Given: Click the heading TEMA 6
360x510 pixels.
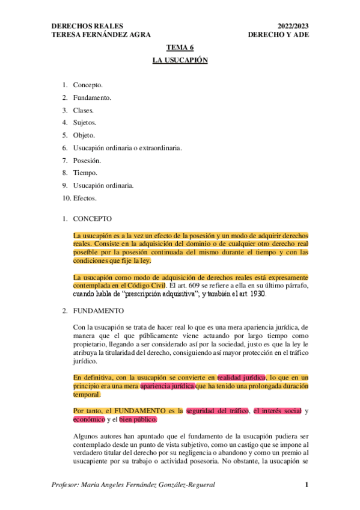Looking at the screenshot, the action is [x=180, y=48].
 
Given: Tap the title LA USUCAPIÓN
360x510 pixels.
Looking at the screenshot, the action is [x=180, y=61].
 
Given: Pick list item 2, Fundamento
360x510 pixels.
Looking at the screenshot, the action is [x=91, y=97].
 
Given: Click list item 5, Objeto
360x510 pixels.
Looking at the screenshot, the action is [x=84, y=135].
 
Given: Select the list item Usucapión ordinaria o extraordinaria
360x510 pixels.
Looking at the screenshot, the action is [x=127, y=148].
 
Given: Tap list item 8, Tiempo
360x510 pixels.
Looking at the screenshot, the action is [x=85, y=173].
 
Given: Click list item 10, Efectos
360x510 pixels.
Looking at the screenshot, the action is [x=84, y=198].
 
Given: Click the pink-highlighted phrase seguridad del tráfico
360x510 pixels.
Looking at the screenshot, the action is [x=219, y=411].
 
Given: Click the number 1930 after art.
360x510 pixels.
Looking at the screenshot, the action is [x=254, y=295].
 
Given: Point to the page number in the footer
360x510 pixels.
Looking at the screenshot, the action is [x=307, y=485].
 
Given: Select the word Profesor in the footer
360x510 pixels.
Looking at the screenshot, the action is [x=67, y=485].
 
